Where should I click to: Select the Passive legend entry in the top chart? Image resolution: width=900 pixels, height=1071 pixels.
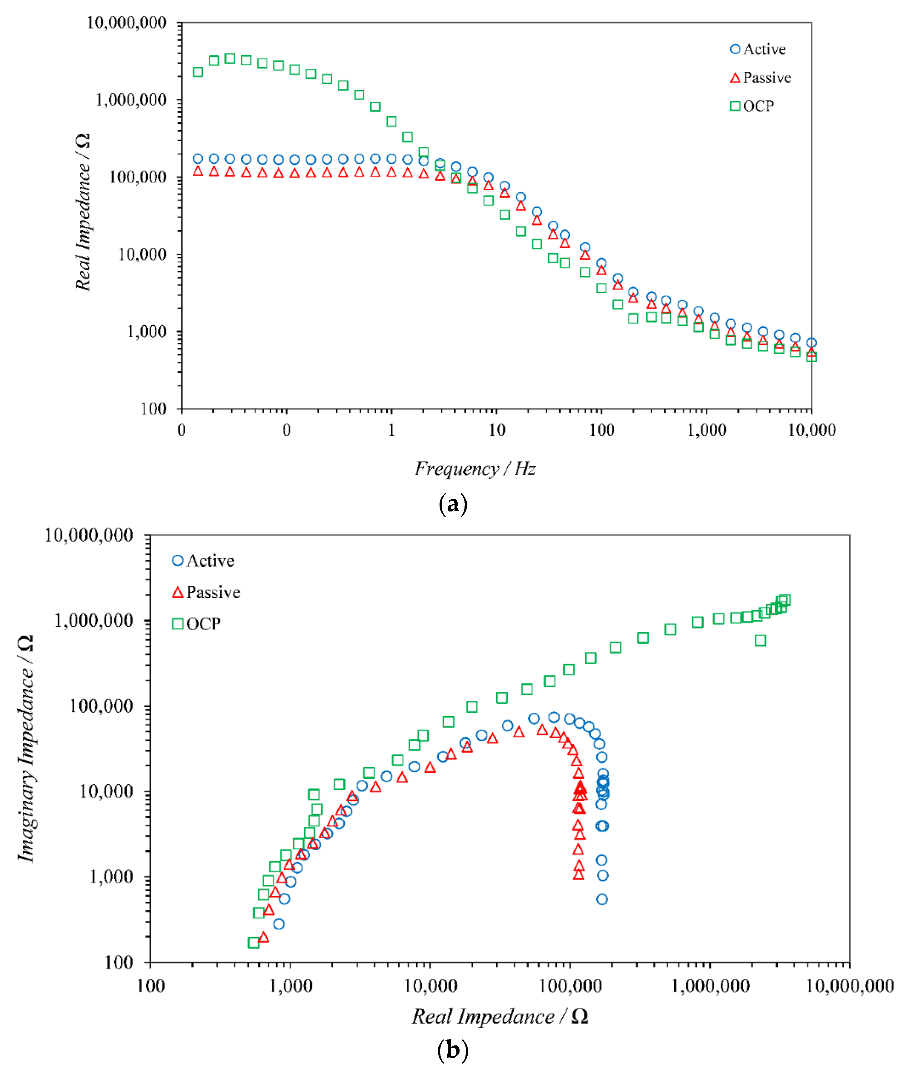[x=761, y=78]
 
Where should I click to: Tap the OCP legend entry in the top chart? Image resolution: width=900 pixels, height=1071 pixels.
[x=752, y=106]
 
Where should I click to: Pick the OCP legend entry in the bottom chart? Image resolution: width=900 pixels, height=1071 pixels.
[x=197, y=624]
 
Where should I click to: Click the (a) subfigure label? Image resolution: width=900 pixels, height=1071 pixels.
[x=453, y=504]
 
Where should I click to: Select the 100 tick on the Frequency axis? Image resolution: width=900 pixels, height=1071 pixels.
[x=601, y=430]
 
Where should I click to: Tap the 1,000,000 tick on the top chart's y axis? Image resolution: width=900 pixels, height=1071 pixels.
[x=131, y=100]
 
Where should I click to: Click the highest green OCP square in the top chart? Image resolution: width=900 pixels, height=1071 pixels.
[x=230, y=59]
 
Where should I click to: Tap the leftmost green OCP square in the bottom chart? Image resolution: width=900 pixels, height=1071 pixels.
[x=254, y=943]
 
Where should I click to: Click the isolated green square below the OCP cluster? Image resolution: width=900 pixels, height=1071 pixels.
[x=760, y=641]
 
